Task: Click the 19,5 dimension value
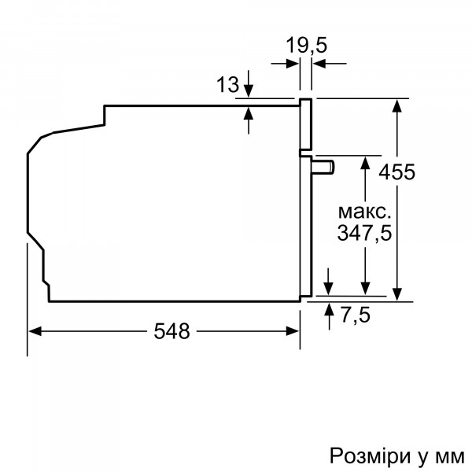pyautogui.click(x=306, y=46)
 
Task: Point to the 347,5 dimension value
pyautogui.click(x=364, y=234)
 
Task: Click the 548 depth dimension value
pyautogui.click(x=171, y=332)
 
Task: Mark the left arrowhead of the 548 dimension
pyautogui.click(x=34, y=332)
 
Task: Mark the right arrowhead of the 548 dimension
pyautogui.click(x=295, y=332)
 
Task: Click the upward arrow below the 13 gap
pyautogui.click(x=249, y=110)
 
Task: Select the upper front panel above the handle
pyautogui.click(x=305, y=124)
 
